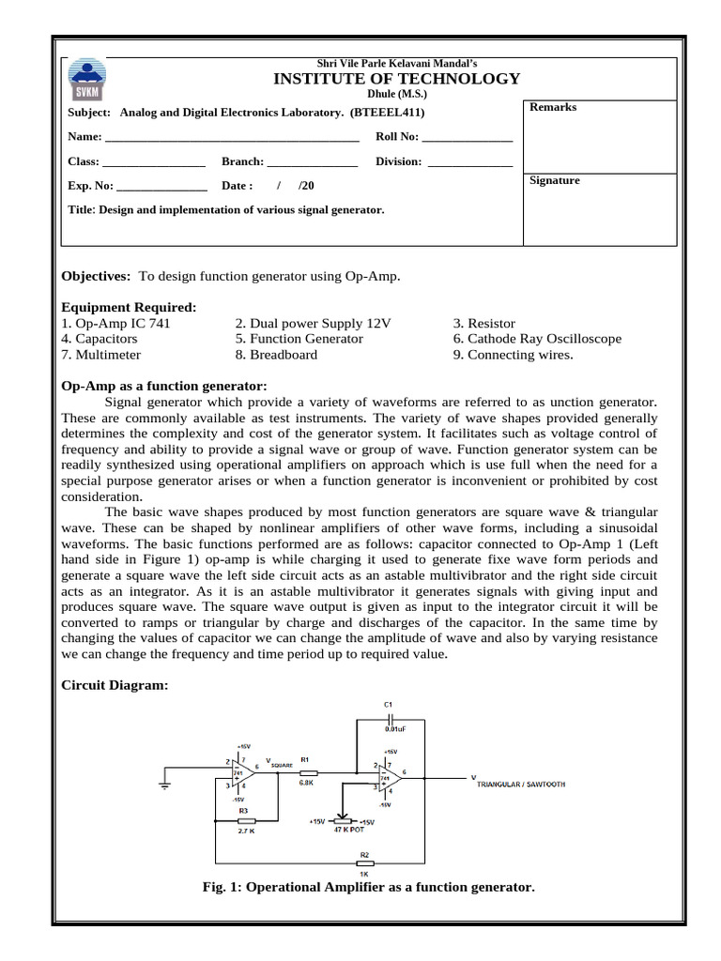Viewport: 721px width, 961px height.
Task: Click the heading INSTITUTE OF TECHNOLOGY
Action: pos(396,79)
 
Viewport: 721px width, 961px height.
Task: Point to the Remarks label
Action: pos(553,107)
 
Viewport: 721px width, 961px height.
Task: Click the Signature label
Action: pos(555,180)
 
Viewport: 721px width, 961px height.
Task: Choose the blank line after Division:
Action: pos(469,163)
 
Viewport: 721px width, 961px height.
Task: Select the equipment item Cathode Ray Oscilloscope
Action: pos(544,339)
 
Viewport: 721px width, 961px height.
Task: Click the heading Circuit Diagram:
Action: pos(115,686)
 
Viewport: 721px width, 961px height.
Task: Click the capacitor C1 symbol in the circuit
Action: pos(389,718)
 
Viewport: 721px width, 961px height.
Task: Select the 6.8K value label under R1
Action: pos(305,782)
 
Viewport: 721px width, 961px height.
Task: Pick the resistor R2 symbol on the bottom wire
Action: pos(364,862)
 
